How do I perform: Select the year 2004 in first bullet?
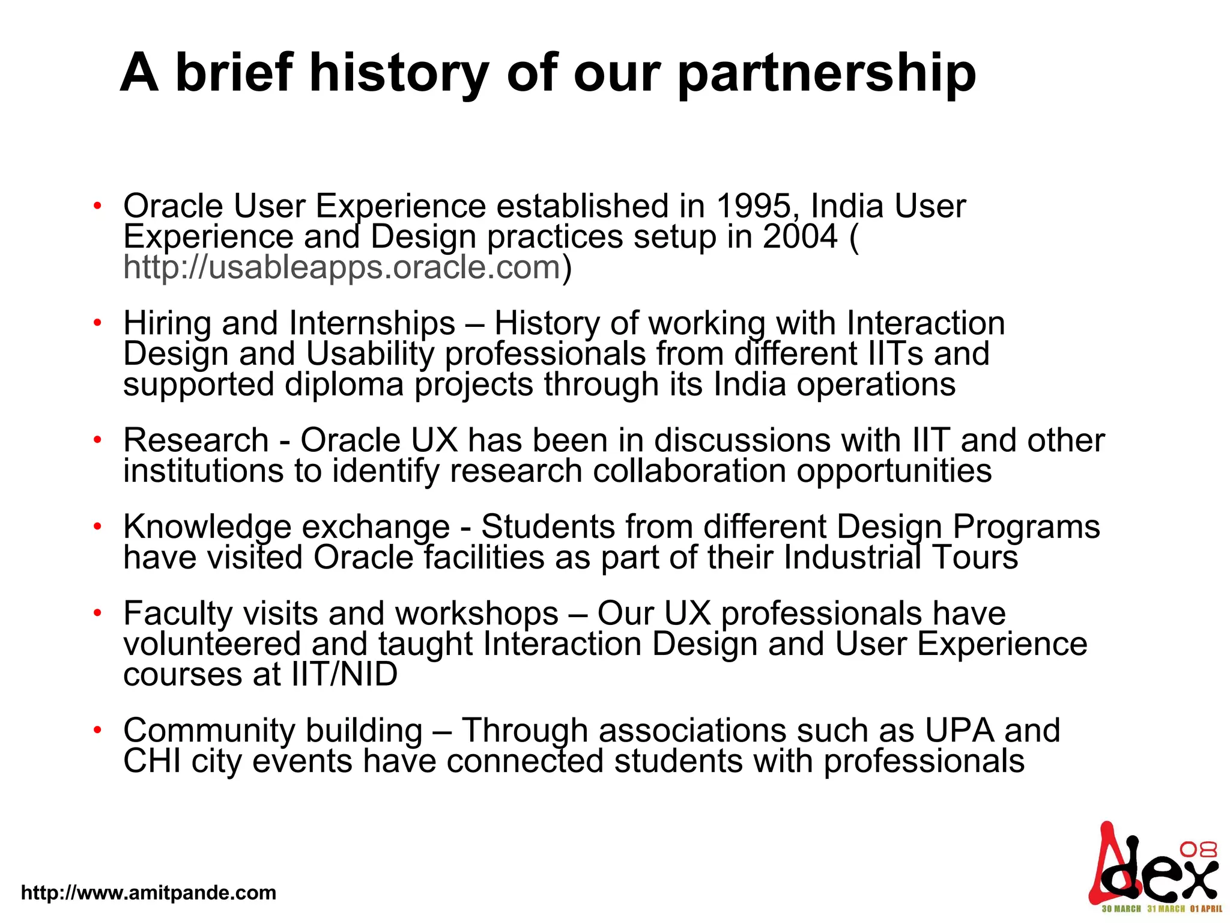click(800, 236)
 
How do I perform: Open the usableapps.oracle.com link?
click(342, 267)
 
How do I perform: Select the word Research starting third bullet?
click(196, 440)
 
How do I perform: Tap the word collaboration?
click(689, 471)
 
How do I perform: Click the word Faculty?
click(178, 614)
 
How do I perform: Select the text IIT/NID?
click(345, 674)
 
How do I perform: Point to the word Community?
click(209, 730)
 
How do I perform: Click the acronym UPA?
click(959, 730)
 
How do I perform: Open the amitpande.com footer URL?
click(148, 892)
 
